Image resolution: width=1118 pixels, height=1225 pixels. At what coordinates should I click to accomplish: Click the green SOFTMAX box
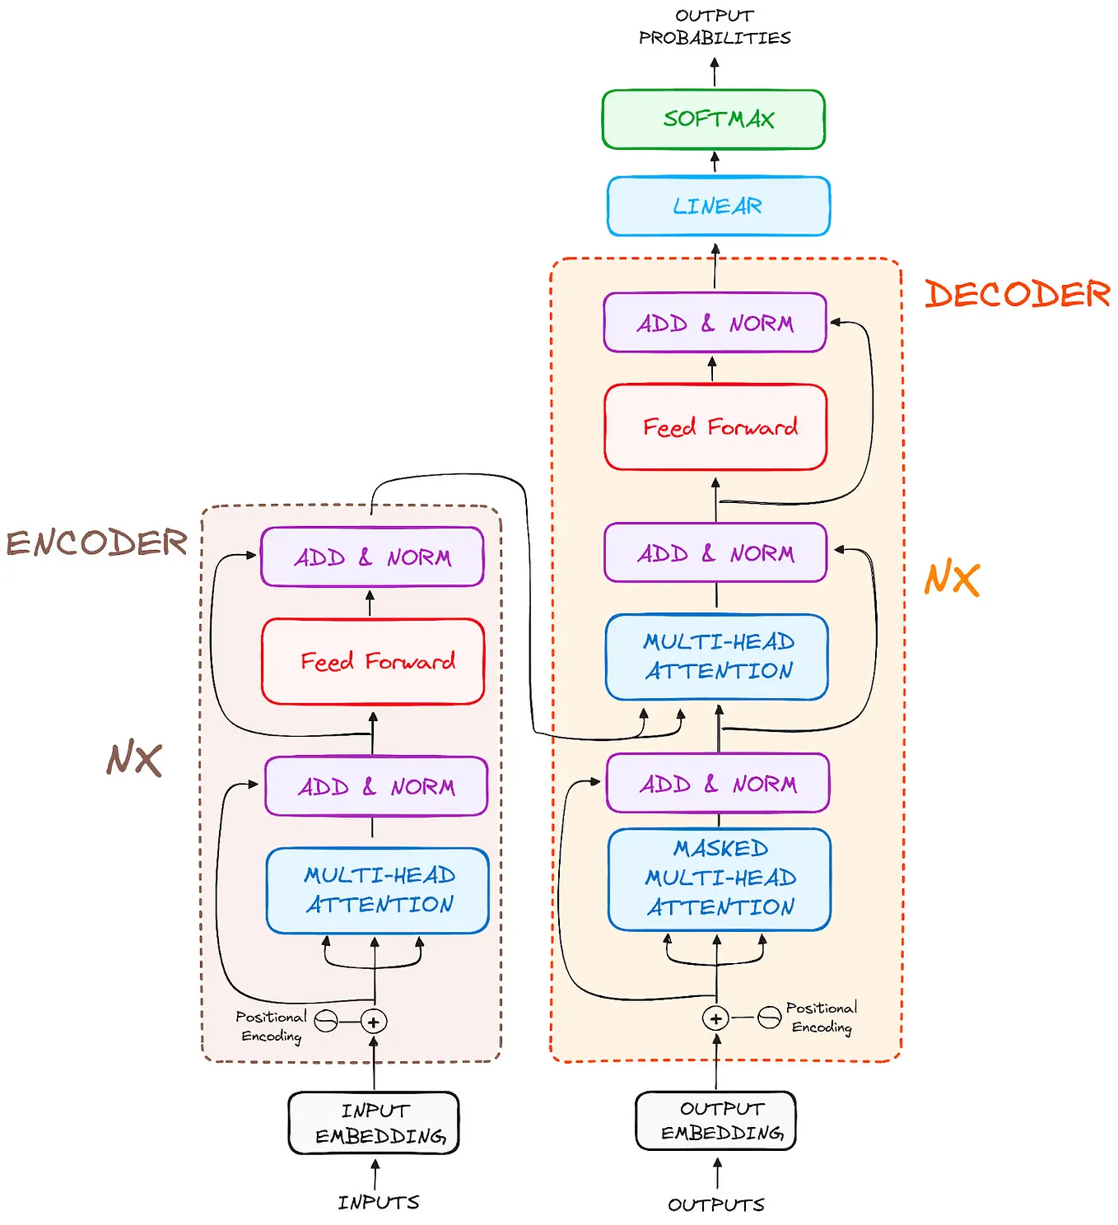tap(713, 119)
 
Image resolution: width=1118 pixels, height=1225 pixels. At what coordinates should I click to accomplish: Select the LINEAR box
tap(718, 206)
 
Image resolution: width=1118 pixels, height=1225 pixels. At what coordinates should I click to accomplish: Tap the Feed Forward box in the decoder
tap(715, 427)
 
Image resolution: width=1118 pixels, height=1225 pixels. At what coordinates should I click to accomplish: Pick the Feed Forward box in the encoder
tap(373, 661)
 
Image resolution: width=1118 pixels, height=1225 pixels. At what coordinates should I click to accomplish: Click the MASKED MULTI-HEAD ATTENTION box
tap(719, 879)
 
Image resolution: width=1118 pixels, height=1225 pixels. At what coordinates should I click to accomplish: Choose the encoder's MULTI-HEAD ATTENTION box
tap(377, 891)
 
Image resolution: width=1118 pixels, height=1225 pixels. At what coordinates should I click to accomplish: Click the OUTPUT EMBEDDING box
tap(715, 1120)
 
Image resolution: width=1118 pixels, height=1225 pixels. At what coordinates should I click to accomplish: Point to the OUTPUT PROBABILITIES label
tap(714, 27)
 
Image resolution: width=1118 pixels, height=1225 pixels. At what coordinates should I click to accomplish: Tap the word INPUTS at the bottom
tap(378, 1203)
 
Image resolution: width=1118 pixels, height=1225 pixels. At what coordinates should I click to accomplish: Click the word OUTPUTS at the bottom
tap(716, 1204)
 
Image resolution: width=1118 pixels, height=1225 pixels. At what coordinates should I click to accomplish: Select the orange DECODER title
tap(1017, 294)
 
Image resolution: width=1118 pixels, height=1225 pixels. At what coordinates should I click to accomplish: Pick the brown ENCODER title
tap(96, 543)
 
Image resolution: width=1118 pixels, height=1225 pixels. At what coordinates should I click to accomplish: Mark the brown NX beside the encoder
tap(134, 758)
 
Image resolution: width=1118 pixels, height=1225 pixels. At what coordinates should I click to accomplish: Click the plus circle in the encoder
tap(373, 1021)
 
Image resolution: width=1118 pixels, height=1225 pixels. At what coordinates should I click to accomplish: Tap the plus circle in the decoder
tap(715, 1018)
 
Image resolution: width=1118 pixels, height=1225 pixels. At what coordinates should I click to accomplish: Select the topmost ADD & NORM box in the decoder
tap(714, 323)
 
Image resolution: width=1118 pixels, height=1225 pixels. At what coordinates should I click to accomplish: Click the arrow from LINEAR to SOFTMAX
tap(714, 162)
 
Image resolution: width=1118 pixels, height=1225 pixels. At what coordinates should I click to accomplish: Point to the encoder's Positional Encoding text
tap(271, 1027)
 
